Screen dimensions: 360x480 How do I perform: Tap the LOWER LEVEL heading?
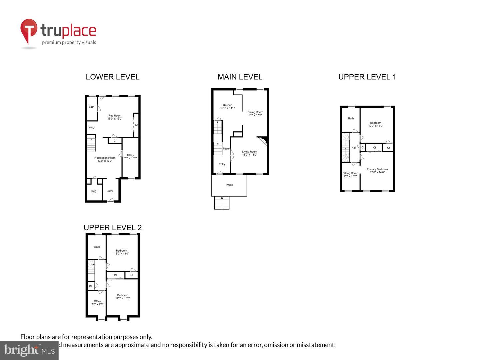[112, 77]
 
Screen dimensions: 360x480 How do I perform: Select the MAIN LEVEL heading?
[240, 77]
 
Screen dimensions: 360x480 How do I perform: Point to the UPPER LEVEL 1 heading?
[367, 77]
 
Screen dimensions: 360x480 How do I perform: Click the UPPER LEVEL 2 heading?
[112, 228]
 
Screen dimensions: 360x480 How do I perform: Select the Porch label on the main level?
[229, 185]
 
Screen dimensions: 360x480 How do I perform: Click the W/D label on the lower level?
[92, 128]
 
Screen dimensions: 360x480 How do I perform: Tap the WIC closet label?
[94, 192]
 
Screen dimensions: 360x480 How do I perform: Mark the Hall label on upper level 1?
[354, 147]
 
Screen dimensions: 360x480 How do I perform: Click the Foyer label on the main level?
[226, 149]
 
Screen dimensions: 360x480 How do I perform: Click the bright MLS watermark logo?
[29, 350]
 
